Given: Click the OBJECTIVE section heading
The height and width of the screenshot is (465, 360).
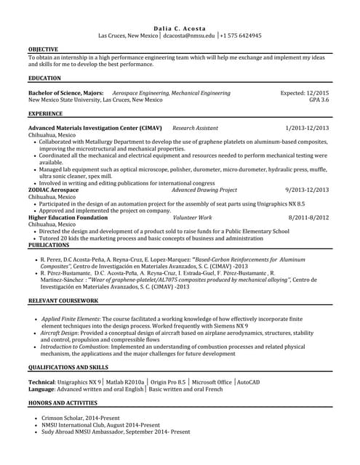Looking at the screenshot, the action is tap(43, 49).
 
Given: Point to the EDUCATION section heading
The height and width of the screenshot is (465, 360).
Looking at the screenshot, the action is tap(44, 77).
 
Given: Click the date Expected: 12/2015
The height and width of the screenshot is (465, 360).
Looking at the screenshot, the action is tap(305, 93).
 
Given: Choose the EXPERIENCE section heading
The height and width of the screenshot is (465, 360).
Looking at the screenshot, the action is tap(45, 114).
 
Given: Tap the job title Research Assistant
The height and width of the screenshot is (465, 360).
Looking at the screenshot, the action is tap(195, 128).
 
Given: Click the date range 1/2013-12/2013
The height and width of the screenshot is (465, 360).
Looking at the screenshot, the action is tap(307, 128).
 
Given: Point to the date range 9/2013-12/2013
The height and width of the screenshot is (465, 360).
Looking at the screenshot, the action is tap(307, 190).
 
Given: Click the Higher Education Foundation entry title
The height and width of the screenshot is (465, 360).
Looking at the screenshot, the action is tap(68, 217).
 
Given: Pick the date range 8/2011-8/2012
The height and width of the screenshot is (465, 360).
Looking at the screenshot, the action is tap(308, 217).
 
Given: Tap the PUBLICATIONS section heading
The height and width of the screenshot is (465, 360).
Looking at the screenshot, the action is tap(49, 246).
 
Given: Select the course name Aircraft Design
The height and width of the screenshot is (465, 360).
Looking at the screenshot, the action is tap(62, 333).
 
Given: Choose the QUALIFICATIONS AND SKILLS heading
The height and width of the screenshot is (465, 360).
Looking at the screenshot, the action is tap(68, 368).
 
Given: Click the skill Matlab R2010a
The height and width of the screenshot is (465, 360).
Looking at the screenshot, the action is tap(124, 381).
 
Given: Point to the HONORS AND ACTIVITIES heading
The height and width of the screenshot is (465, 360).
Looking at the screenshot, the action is tap(62, 402).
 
